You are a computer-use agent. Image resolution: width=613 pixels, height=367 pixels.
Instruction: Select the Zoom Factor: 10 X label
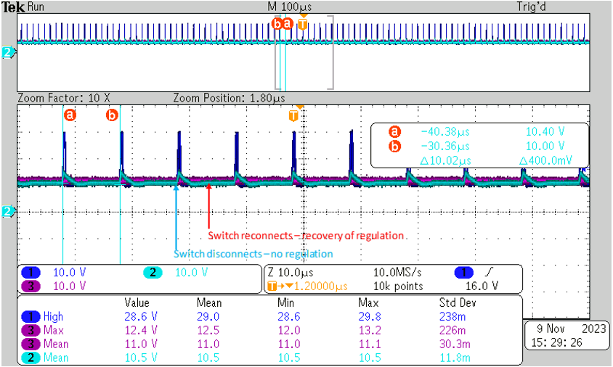click(x=63, y=97)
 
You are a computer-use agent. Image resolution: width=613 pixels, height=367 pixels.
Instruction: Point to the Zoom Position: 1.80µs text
click(x=230, y=97)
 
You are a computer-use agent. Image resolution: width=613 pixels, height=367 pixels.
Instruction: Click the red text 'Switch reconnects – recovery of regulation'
click(x=306, y=236)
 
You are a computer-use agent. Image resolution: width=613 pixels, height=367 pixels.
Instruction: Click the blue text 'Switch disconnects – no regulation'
click(x=253, y=254)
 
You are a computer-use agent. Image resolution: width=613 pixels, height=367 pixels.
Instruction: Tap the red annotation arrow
click(x=208, y=207)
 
